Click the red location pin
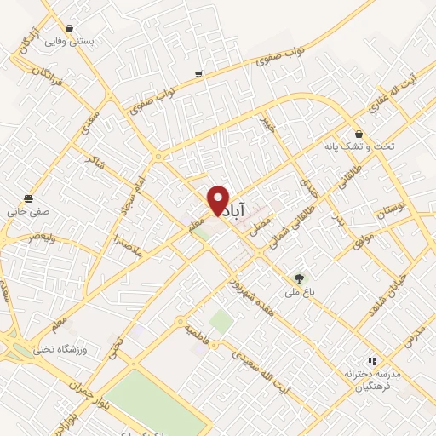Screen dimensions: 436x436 coord(218,201)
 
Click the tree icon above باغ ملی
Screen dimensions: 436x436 coord(298,278)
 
